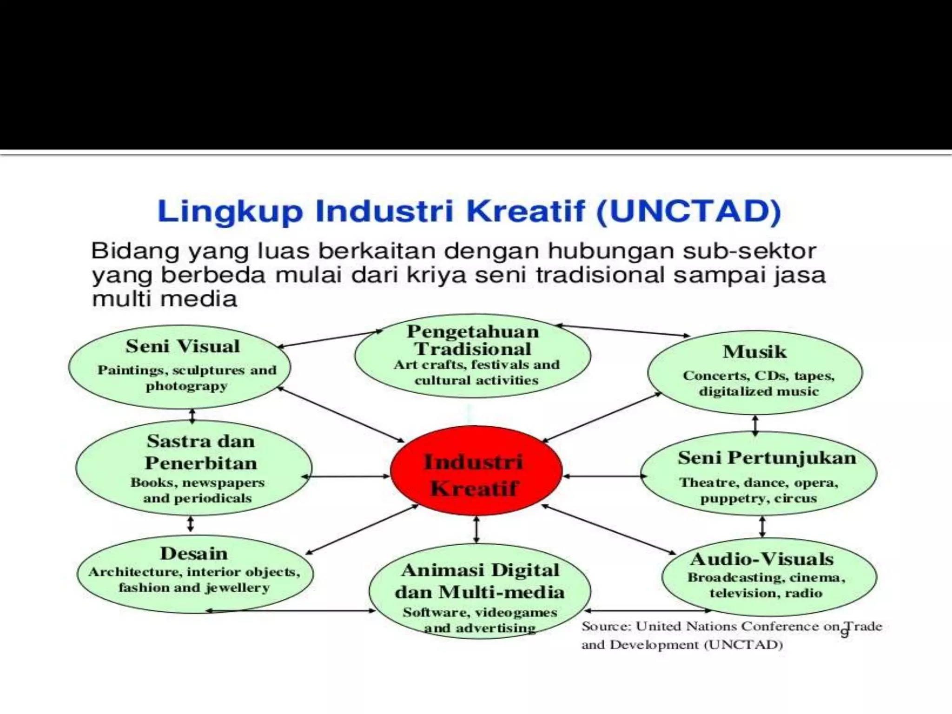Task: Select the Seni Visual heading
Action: click(182, 346)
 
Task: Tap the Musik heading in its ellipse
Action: click(754, 351)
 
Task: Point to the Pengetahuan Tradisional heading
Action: click(473, 340)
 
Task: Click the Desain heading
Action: click(194, 553)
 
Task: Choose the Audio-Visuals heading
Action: click(762, 559)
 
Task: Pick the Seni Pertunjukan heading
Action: click(767, 458)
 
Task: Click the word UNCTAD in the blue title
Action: click(688, 212)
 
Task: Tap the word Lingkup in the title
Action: click(230, 212)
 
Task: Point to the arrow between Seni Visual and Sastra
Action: click(192, 415)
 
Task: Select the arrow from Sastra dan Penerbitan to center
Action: click(346, 476)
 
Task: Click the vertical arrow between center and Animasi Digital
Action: click(476, 529)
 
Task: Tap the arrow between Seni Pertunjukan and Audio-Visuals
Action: click(762, 527)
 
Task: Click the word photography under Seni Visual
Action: click(186, 386)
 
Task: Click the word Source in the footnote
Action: click(605, 627)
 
